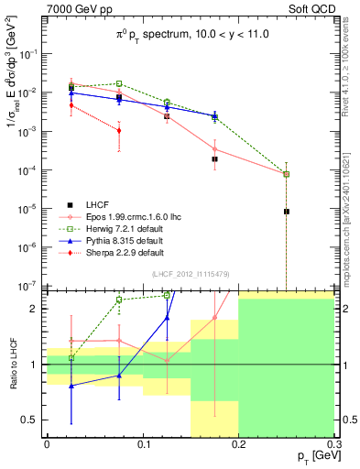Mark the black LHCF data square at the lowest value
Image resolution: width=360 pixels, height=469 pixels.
point(287,212)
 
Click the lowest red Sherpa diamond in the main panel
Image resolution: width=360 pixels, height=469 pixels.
point(119,130)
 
